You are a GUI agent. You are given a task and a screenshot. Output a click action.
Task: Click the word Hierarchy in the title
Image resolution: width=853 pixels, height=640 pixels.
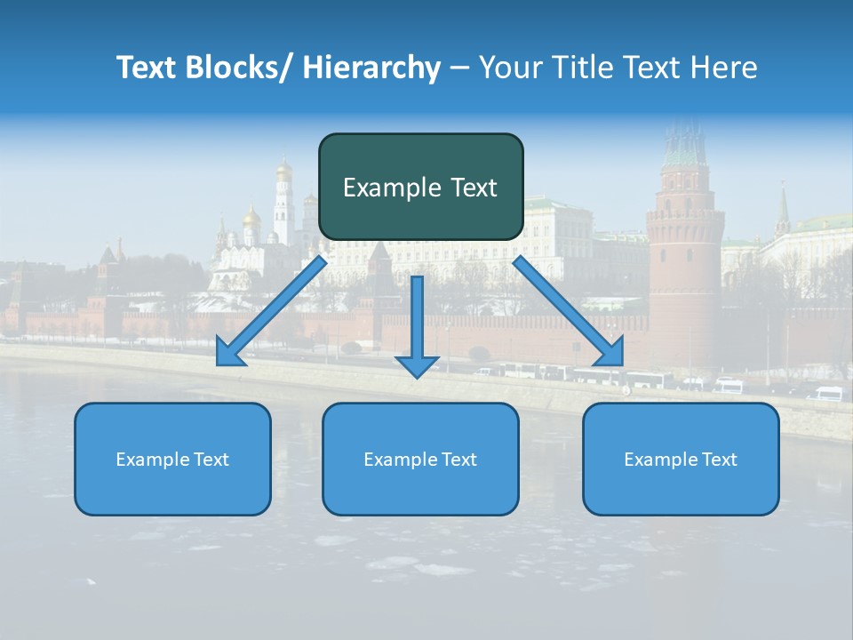pos(371,68)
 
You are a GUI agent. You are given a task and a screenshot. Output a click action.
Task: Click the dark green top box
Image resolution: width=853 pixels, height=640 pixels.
pos(420,187)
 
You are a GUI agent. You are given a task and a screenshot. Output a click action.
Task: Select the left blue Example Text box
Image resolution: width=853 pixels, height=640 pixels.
pos(172,459)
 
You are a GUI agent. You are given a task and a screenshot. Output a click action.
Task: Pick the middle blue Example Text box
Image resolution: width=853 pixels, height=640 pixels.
pos(420,459)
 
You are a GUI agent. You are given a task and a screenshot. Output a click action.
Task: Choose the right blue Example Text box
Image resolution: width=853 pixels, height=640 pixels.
pos(681,459)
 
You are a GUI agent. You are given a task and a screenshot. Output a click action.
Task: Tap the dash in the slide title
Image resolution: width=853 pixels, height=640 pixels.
pos(459,68)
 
